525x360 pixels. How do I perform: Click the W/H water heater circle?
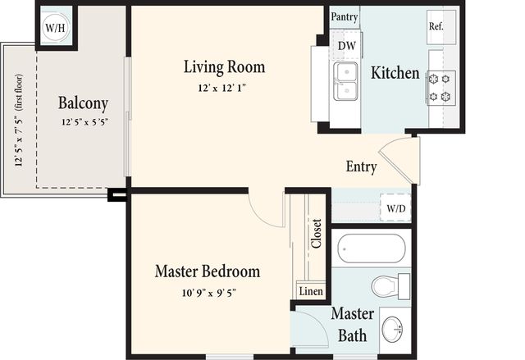(x=55, y=27)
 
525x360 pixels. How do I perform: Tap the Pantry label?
(x=345, y=16)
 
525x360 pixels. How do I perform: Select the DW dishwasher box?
(x=346, y=46)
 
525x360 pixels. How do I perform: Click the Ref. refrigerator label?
(x=436, y=26)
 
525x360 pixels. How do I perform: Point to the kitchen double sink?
(x=345, y=81)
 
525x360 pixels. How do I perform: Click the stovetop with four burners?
(x=441, y=88)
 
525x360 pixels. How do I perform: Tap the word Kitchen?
(x=395, y=73)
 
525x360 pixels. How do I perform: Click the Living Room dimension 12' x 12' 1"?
(x=222, y=88)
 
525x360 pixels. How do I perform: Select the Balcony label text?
(x=83, y=103)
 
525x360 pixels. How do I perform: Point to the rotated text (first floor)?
(x=19, y=93)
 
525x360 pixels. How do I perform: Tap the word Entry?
(x=361, y=166)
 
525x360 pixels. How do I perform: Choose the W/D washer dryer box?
(x=395, y=208)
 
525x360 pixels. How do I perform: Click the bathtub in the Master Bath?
(x=372, y=248)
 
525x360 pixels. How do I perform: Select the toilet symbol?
(x=390, y=287)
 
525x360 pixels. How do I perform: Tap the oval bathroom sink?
(x=392, y=330)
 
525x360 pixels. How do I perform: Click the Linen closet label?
(x=311, y=291)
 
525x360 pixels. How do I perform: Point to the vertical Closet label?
(x=317, y=234)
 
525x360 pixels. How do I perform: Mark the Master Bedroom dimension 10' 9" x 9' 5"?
(x=209, y=293)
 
